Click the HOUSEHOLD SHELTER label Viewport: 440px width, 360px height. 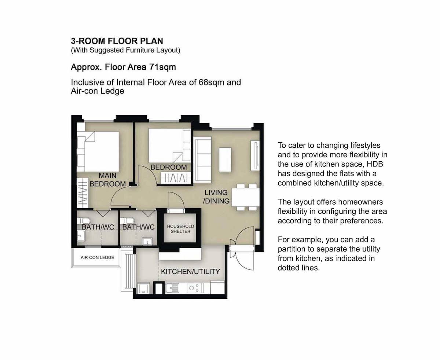(180, 229)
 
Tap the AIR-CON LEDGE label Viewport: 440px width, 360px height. (97, 257)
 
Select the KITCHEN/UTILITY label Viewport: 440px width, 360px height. (190, 271)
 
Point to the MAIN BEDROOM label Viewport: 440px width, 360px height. (108, 180)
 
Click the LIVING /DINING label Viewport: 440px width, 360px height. (216, 196)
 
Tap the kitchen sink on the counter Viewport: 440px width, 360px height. (172, 288)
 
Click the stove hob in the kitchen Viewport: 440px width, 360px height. (195, 288)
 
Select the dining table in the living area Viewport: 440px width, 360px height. (245, 197)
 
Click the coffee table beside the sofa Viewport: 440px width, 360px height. (225, 159)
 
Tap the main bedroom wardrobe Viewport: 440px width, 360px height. (82, 193)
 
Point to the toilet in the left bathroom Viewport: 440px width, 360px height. (84, 220)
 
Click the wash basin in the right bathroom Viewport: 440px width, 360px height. (147, 242)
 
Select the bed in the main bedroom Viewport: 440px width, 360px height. (98, 151)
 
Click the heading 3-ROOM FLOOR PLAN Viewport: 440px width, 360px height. (117, 41)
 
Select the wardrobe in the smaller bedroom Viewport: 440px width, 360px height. (176, 178)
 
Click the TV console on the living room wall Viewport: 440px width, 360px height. (255, 156)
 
